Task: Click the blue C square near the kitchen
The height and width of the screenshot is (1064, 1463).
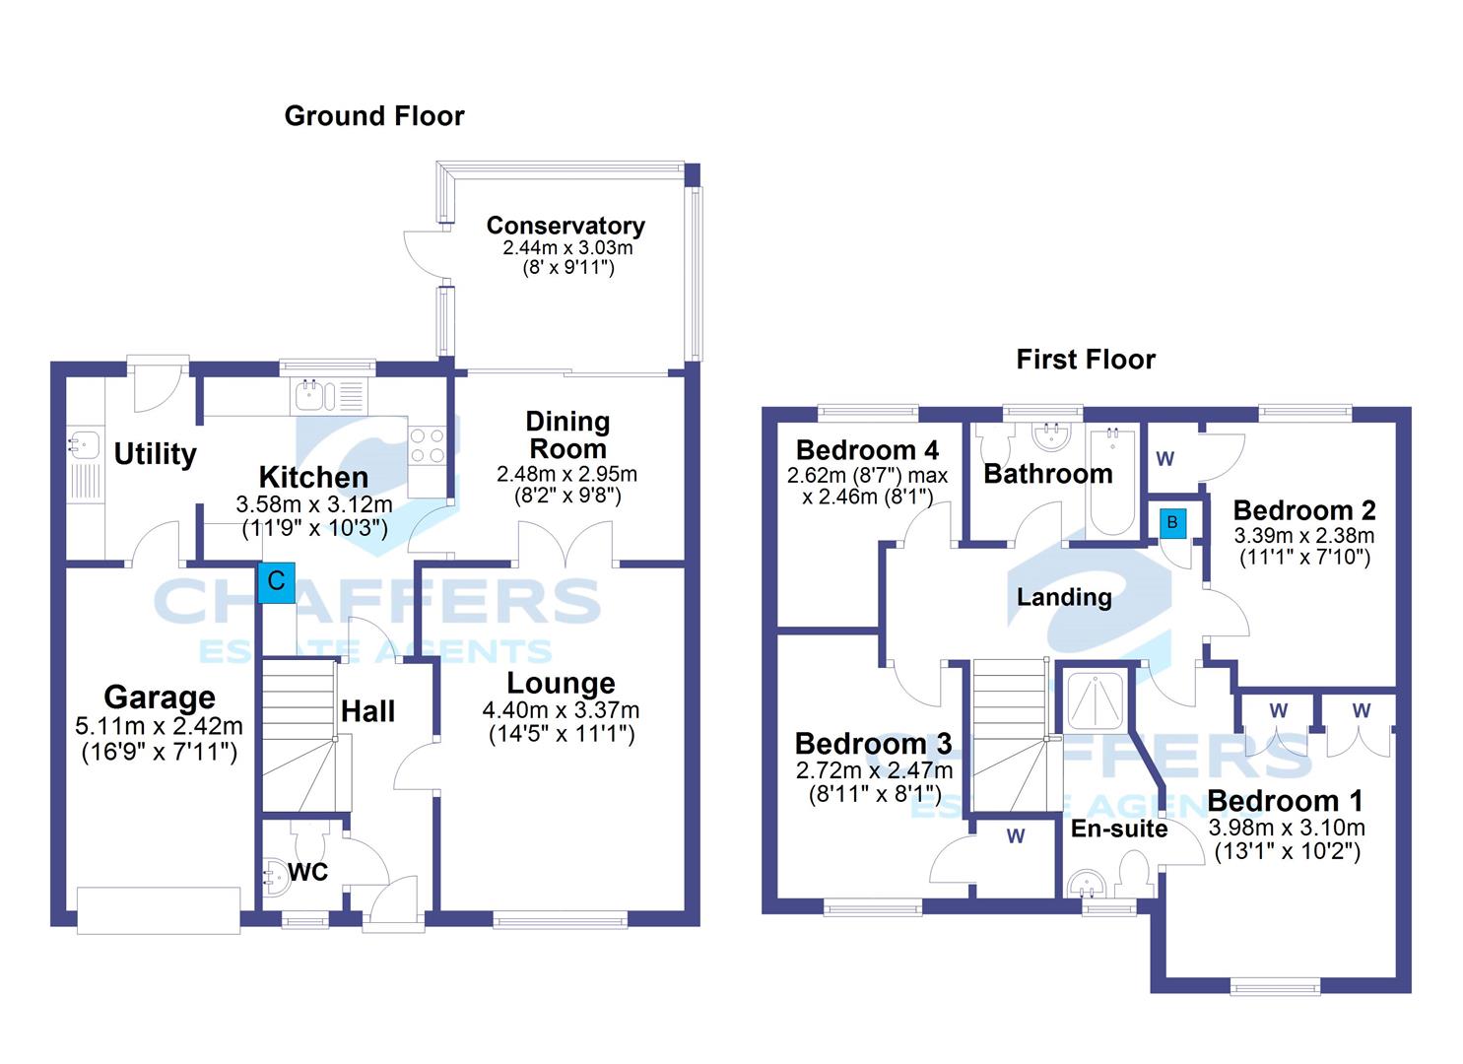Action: [276, 582]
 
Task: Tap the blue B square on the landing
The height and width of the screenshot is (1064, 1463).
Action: [1172, 523]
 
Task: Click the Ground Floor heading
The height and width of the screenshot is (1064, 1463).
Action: [374, 116]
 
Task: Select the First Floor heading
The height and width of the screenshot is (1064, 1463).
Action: [1086, 360]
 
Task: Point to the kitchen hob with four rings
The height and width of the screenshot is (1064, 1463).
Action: [428, 444]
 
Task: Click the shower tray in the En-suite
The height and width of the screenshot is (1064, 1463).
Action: [1095, 700]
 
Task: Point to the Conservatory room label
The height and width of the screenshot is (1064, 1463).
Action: [565, 226]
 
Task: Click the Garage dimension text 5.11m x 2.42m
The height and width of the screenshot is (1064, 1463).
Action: [159, 726]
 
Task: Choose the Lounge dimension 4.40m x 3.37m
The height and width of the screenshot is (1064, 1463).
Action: [561, 710]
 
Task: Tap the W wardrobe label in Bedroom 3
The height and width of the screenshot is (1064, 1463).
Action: [1016, 836]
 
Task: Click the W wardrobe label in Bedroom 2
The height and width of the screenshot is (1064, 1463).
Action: [1165, 458]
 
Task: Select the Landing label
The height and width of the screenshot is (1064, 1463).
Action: [1065, 597]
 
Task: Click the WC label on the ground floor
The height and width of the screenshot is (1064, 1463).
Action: [307, 872]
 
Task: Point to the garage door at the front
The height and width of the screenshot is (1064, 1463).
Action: [159, 910]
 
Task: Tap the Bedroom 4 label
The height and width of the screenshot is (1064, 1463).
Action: [867, 450]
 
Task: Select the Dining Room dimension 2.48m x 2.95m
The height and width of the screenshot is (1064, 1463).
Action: [566, 474]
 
